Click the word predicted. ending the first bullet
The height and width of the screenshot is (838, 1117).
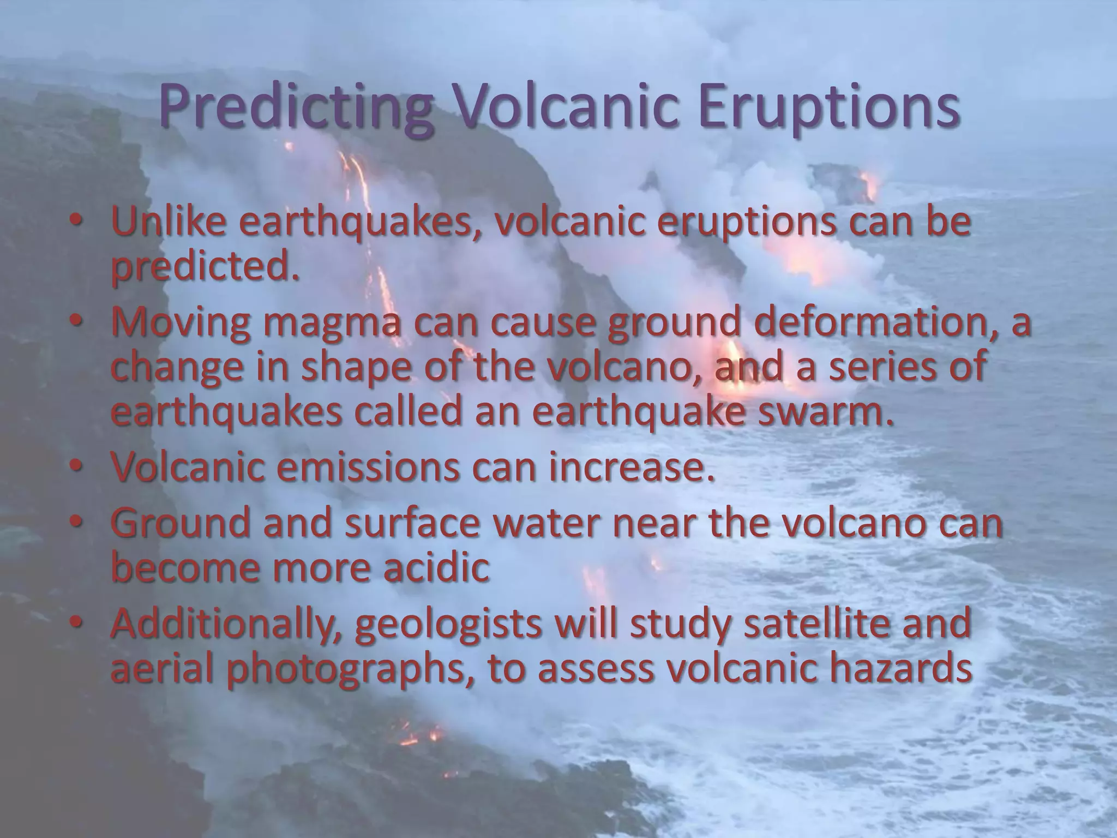click(x=205, y=267)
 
